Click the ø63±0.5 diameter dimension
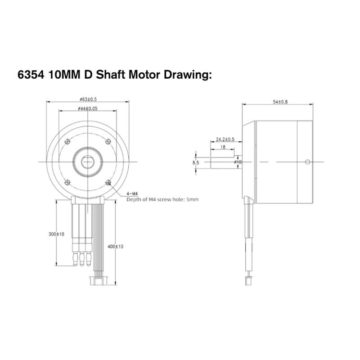88,99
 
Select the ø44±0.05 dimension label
88,108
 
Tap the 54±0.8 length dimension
280,102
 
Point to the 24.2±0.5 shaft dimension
225,139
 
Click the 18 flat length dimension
223,147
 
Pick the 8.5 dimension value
196,163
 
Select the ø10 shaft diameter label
238,162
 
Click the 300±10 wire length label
57,234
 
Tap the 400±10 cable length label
115,247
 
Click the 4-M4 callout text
132,194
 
